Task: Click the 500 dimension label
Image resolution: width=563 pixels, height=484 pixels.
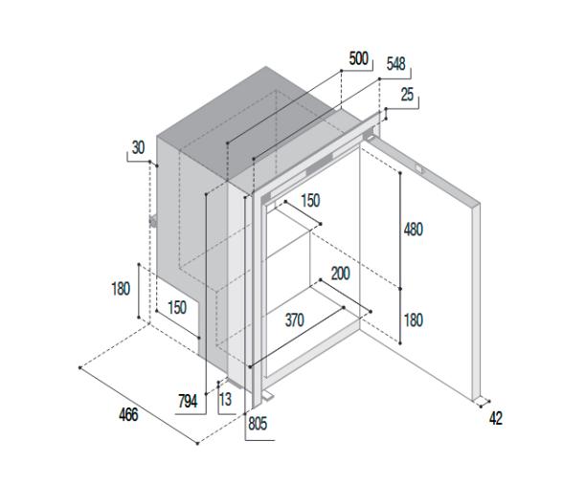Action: tap(359, 58)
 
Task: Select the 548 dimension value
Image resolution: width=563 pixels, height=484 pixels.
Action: tap(396, 64)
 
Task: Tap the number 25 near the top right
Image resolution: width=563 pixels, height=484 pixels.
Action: tap(407, 95)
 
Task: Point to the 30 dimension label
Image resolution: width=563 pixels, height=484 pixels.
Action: tap(138, 147)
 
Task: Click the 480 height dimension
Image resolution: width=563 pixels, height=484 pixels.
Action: tap(414, 230)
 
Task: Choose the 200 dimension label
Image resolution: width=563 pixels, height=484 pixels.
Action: tap(341, 274)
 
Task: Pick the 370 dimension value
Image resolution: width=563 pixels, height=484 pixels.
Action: tap(295, 320)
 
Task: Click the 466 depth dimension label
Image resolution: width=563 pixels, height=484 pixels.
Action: tap(128, 414)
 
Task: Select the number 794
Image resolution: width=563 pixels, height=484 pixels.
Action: tap(188, 401)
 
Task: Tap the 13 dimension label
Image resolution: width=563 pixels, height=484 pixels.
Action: tap(226, 399)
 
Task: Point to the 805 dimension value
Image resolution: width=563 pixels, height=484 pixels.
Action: tap(258, 424)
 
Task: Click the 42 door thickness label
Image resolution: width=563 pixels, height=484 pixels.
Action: tap(496, 418)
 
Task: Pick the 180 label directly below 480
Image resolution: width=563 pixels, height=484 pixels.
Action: tap(414, 320)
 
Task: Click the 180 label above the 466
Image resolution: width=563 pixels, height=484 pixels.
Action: tap(121, 289)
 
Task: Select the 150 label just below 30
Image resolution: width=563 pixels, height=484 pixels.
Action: tap(177, 307)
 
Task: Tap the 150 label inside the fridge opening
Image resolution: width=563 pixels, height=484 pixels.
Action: tap(310, 201)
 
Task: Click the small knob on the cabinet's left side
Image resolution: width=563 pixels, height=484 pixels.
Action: tap(153, 221)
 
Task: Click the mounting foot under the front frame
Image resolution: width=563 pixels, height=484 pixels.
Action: tap(267, 396)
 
